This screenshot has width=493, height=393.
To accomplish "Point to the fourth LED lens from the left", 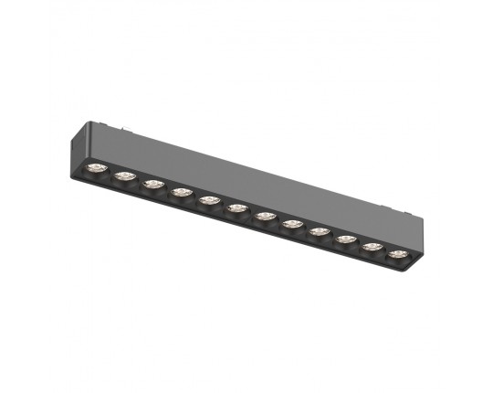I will click(181, 191).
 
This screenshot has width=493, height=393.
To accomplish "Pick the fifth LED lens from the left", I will click(209, 199).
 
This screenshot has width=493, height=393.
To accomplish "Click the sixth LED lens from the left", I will click(237, 207).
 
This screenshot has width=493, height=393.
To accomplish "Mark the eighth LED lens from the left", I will click(293, 223).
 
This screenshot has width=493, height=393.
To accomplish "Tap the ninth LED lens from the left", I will click(320, 231).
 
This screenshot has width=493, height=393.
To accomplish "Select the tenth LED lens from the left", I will click(346, 239).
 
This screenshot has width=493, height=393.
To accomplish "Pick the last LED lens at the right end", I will click(398, 253).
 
